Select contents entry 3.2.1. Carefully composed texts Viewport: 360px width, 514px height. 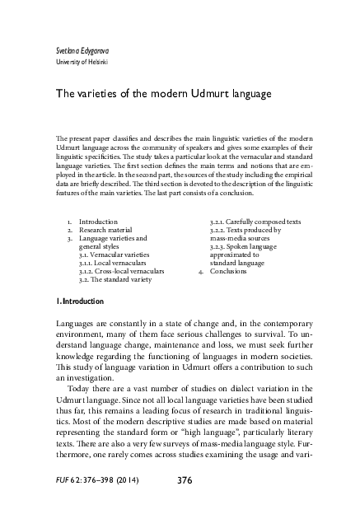pyautogui.click(x=255, y=222)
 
